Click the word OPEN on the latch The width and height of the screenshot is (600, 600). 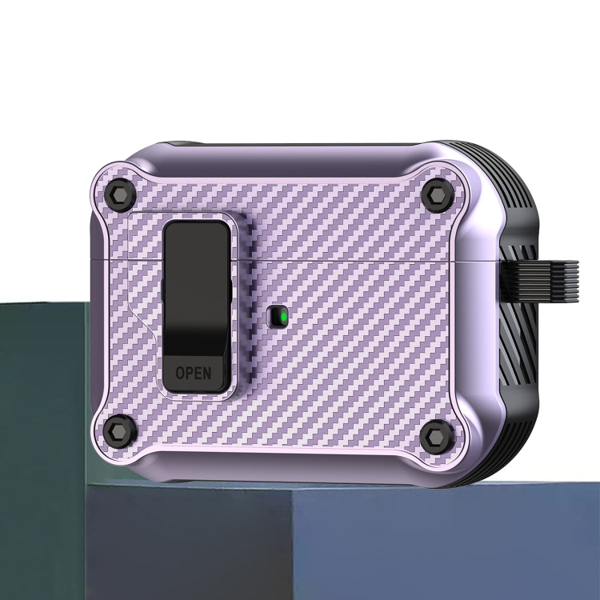(x=194, y=372)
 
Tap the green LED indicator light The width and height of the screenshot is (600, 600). (x=277, y=318)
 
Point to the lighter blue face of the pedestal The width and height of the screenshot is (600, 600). (x=440, y=544)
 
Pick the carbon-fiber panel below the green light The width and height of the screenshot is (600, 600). (x=320, y=384)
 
